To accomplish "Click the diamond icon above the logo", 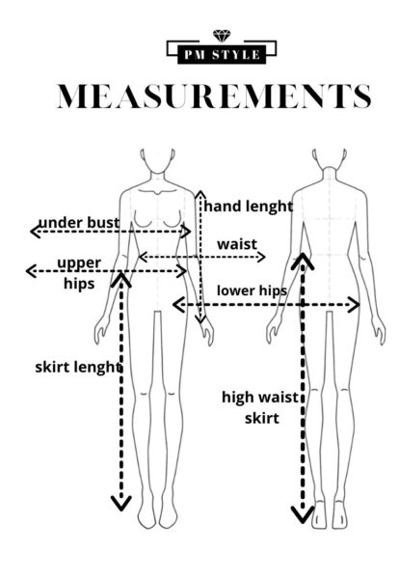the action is pyautogui.click(x=222, y=37).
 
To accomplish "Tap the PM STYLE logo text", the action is pyautogui.click(x=222, y=55).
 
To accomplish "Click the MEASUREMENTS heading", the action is pyautogui.click(x=214, y=96).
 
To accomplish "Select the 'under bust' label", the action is pyautogui.click(x=79, y=223).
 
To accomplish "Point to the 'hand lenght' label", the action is pyautogui.click(x=249, y=207).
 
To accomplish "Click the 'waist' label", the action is pyautogui.click(x=237, y=244).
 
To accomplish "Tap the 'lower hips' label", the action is pyautogui.click(x=252, y=290).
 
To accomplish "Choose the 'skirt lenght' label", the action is pyautogui.click(x=78, y=367).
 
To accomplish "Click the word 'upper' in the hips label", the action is pyautogui.click(x=79, y=263).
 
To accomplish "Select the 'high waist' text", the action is pyautogui.click(x=260, y=398).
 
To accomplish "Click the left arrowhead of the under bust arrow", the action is pyautogui.click(x=35, y=232).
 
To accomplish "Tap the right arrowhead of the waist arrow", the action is pyautogui.click(x=261, y=257).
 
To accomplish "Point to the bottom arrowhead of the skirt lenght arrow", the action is pyautogui.click(x=121, y=504).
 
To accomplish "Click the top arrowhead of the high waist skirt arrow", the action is pyautogui.click(x=303, y=261).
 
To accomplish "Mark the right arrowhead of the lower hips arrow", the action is pyautogui.click(x=355, y=305).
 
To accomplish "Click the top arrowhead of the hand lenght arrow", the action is pyautogui.click(x=199, y=195).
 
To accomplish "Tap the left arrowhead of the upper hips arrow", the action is pyautogui.click(x=31, y=271).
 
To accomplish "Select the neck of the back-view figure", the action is pyautogui.click(x=330, y=174).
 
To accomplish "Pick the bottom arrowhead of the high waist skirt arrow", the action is pyautogui.click(x=303, y=514).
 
